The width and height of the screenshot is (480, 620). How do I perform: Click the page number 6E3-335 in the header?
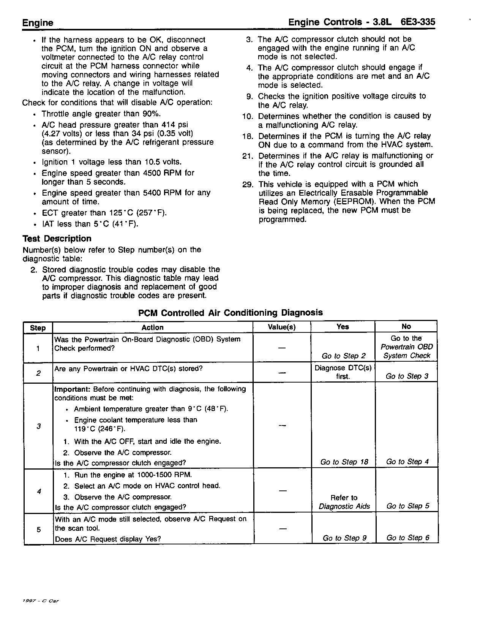coord(417,22)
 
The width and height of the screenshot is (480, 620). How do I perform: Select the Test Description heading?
coord(57,239)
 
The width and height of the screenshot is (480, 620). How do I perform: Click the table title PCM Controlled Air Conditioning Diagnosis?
coord(230,313)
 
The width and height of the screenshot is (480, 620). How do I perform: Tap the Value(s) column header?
coord(281,327)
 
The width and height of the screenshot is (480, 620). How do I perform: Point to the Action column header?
coord(152,327)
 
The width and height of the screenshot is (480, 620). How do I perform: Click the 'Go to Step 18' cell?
coord(344,462)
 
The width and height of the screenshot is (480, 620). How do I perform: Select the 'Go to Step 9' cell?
coord(344,538)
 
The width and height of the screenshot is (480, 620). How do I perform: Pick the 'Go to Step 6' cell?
coord(407,538)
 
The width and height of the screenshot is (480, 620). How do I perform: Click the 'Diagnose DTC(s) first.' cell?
coord(343,372)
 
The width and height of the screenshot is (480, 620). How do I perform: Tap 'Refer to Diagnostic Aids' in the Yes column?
coord(344,502)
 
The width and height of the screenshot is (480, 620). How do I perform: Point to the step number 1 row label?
coord(38,348)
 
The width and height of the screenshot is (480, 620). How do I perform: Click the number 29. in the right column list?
coord(248,184)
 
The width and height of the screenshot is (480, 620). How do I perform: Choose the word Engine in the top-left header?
coord(38,23)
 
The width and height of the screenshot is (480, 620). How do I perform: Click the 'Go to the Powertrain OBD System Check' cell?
coord(406,347)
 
